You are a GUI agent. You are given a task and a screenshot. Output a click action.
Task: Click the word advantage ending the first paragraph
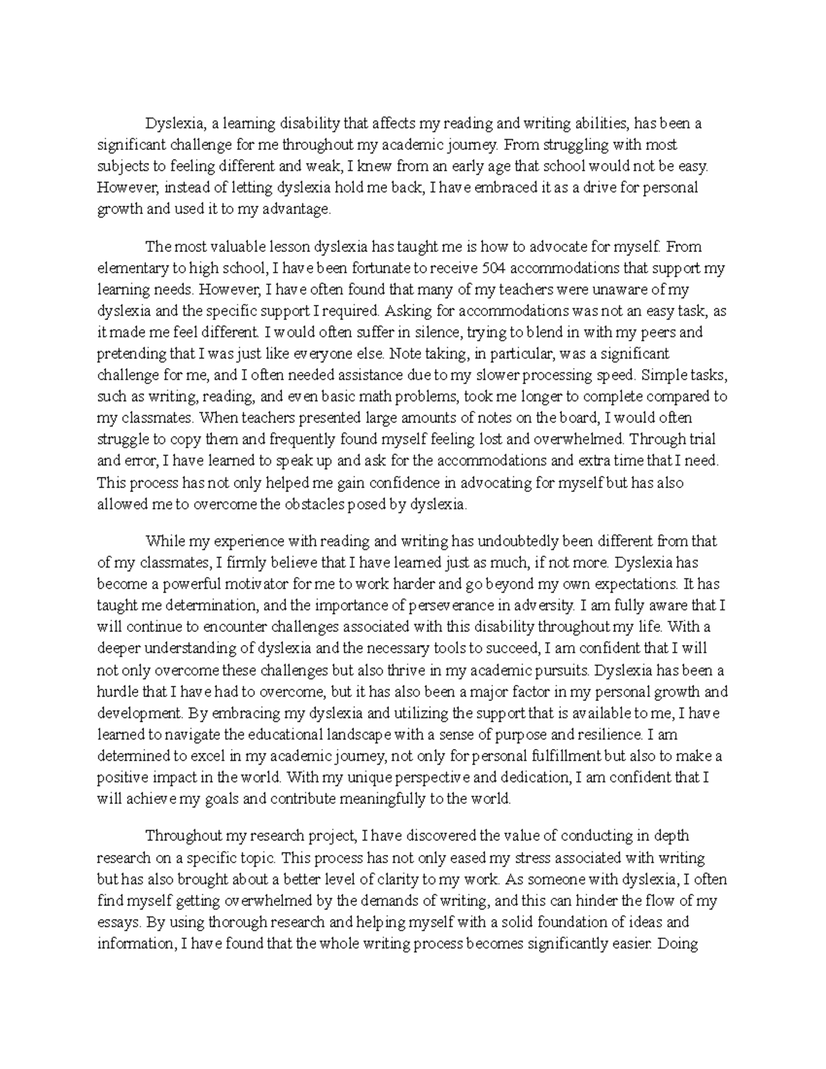click(x=299, y=210)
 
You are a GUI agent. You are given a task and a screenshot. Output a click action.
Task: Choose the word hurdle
click(x=117, y=692)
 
